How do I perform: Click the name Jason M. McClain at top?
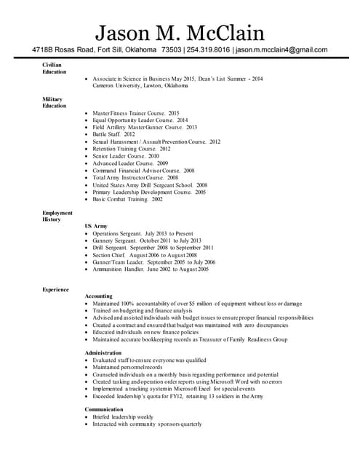180,31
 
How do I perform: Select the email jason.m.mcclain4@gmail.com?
281,50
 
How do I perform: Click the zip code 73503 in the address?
171,50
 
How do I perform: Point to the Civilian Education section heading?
54,69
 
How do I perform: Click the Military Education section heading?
54,102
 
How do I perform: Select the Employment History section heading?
57,216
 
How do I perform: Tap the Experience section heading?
55,290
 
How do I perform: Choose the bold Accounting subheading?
99,296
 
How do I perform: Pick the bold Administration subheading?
103,352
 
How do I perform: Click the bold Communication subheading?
104,409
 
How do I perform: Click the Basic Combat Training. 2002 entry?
127,198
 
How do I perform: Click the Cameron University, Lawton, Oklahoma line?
140,85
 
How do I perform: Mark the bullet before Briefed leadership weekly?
87,417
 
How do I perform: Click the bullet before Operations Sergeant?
87,234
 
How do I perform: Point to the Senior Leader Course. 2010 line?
125,156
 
